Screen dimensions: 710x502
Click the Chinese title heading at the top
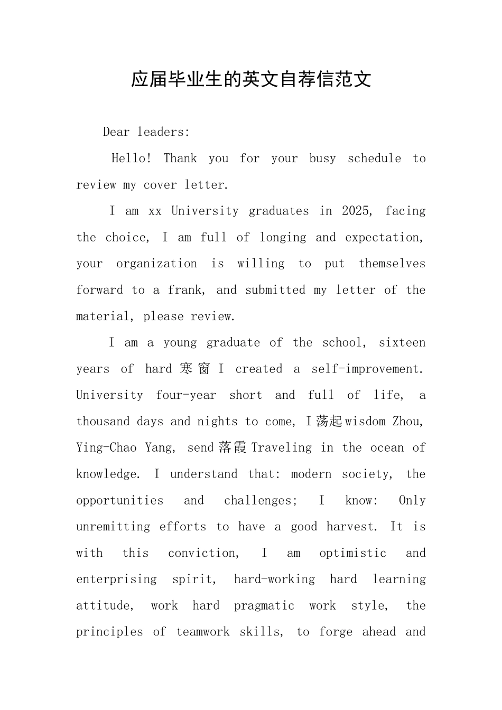251,79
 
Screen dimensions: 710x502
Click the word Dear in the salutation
116,132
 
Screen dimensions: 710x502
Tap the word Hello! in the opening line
132,158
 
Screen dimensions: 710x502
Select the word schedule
374,158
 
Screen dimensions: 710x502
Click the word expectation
384,237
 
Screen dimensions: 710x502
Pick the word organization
156,264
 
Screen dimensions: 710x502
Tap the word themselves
392,264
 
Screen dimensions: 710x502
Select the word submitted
275,290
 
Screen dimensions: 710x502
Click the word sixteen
402,342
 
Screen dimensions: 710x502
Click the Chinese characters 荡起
330,421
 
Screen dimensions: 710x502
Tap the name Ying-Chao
106,447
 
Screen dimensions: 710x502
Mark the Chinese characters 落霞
232,447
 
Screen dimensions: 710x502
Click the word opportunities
120,500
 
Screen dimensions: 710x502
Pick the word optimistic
352,553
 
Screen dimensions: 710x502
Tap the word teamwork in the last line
203,632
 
